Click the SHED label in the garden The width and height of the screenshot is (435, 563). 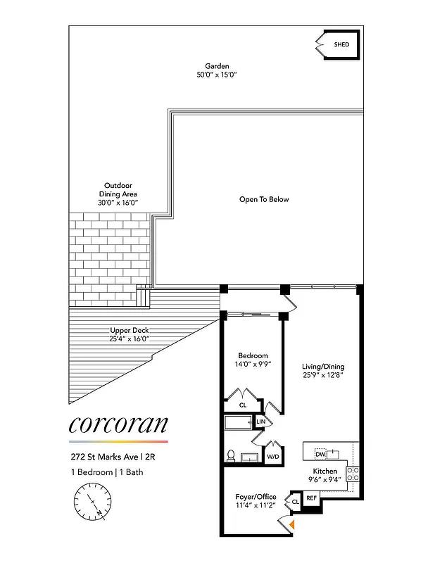click(x=341, y=45)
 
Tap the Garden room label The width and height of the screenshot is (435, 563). click(x=217, y=70)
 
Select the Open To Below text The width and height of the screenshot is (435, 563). click(x=264, y=199)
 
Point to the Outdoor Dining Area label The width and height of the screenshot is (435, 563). click(x=118, y=194)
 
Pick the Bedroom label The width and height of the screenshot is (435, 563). click(x=251, y=360)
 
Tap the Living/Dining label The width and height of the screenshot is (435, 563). click(x=323, y=372)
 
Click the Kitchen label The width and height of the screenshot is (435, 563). click(x=325, y=475)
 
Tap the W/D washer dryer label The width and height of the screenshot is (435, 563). click(x=272, y=456)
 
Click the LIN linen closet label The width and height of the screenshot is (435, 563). click(x=261, y=422)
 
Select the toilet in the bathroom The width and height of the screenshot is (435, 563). click(x=231, y=455)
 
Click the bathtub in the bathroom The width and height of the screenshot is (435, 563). click(x=239, y=423)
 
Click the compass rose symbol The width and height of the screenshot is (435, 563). click(x=92, y=505)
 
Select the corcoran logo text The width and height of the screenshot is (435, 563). click(x=118, y=424)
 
